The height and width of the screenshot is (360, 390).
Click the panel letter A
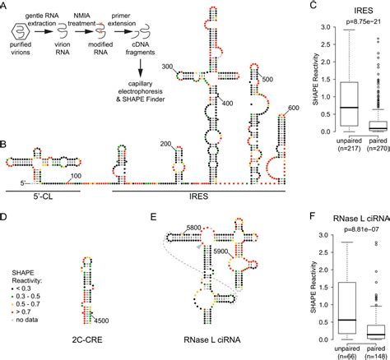[x=5, y=7]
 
